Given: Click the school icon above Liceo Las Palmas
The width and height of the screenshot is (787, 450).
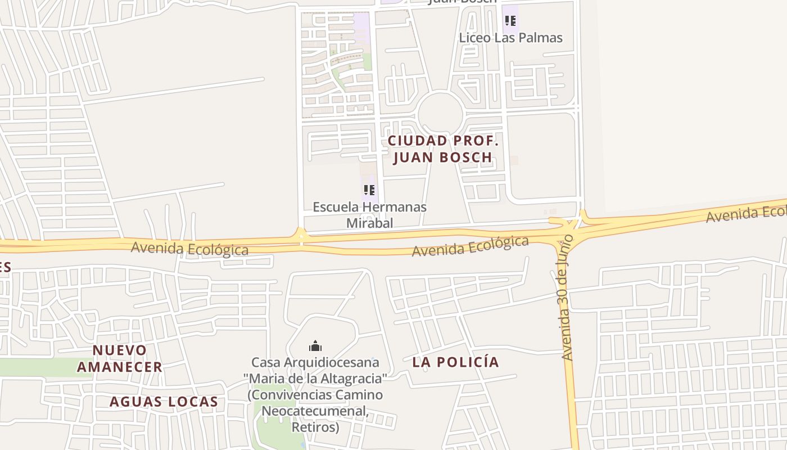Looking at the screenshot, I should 510,21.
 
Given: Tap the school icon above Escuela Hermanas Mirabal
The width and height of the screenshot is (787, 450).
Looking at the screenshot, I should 369,190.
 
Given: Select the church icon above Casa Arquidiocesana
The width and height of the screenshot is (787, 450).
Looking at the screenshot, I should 315,345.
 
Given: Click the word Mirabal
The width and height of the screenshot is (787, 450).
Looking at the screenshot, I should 369,223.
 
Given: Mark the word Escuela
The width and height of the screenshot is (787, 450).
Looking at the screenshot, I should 335,207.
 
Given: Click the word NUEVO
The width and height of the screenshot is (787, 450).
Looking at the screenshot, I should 120,350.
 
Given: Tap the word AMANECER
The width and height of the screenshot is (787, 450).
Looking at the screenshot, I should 120,367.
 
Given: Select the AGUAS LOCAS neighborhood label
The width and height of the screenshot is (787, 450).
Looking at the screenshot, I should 164,402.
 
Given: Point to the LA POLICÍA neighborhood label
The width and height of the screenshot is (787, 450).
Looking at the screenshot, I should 456,362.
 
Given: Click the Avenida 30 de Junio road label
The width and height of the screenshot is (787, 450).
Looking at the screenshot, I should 567,297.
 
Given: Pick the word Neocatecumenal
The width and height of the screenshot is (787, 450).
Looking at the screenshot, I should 315,411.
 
